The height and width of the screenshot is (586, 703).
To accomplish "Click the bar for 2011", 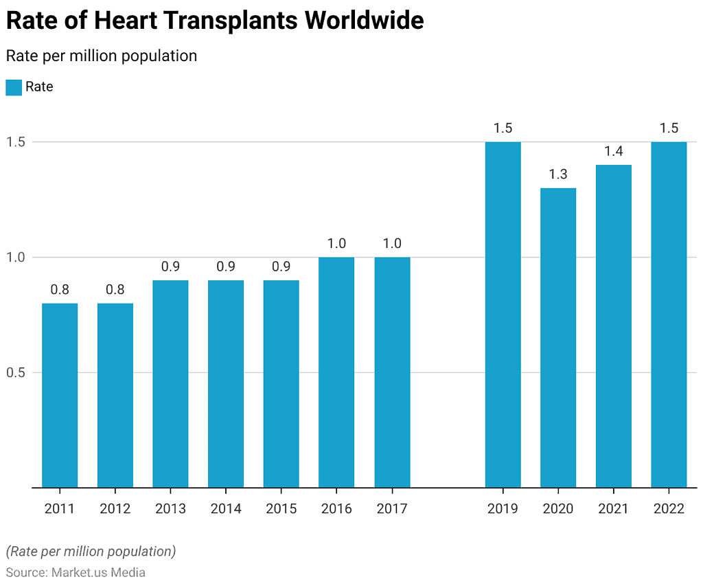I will [x=60, y=395].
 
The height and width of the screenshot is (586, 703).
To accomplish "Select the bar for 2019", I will [x=503, y=315].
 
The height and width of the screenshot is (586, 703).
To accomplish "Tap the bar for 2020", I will [x=558, y=337].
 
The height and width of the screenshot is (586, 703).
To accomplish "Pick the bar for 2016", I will [x=336, y=372].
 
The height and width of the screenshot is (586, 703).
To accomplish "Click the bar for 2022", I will [x=669, y=315].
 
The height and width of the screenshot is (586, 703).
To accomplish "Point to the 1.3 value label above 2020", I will [x=558, y=174].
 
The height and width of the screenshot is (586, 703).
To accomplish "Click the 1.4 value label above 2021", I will [x=613, y=151].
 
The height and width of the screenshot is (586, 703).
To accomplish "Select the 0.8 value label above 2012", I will [x=115, y=290].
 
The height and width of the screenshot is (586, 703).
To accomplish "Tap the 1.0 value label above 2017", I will [x=392, y=244].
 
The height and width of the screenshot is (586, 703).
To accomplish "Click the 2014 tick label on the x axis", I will [x=226, y=509].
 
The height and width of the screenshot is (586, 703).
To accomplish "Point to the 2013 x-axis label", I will [x=170, y=509].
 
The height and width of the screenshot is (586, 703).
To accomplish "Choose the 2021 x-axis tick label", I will [x=613, y=509].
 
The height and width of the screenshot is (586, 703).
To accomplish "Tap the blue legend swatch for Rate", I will [x=14, y=87].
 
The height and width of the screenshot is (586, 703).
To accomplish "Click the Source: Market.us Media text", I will [x=76, y=572].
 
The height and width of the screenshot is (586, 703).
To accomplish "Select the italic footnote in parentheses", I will [x=91, y=551].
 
